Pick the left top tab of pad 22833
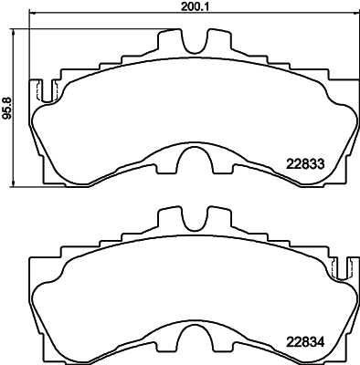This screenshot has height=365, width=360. click(169, 41)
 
